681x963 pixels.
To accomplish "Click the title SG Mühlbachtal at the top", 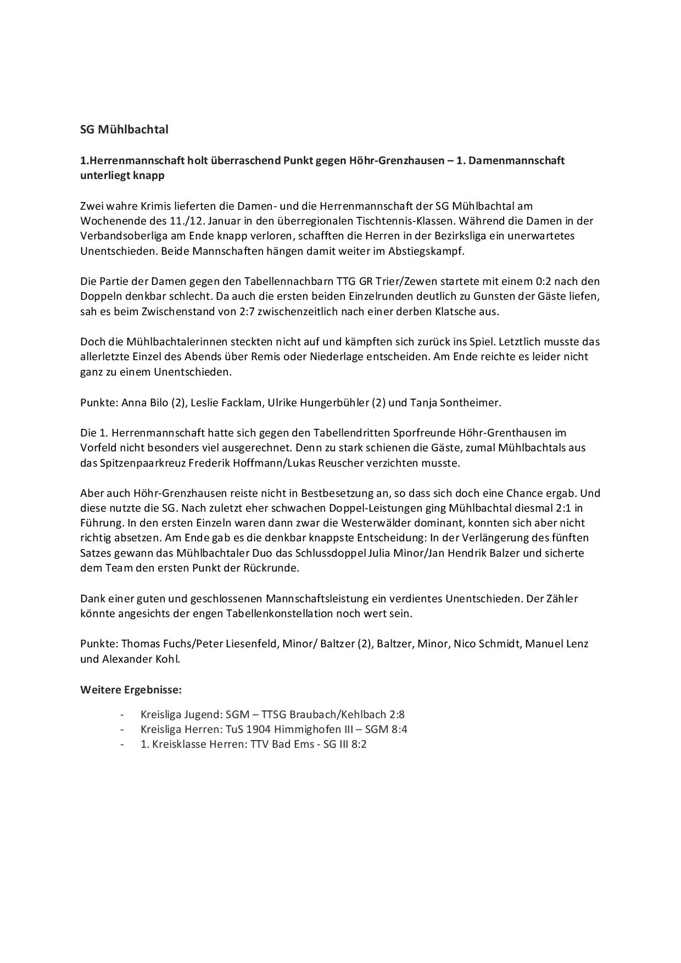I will [x=124, y=130].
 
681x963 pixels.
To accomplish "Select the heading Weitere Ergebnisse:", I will [x=131, y=689].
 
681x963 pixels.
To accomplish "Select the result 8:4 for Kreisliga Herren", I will [x=398, y=730].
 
